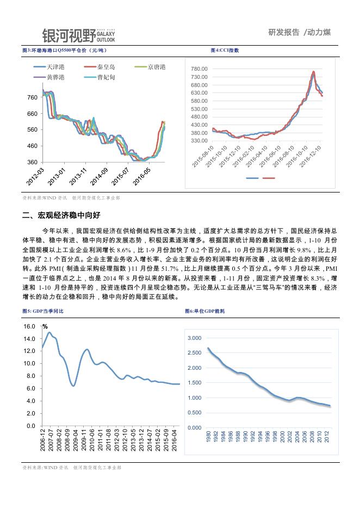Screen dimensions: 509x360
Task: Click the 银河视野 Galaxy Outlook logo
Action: click(x=78, y=35)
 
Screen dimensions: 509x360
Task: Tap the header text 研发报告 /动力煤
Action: click(x=299, y=32)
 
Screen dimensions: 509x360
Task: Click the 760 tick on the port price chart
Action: click(x=32, y=97)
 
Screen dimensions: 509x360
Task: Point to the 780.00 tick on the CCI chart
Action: click(x=200, y=69)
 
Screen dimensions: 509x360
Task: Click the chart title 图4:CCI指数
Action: click(x=225, y=51)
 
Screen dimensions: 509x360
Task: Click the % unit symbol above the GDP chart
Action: click(x=45, y=327)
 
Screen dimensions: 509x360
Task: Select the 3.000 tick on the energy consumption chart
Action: click(x=194, y=338)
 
